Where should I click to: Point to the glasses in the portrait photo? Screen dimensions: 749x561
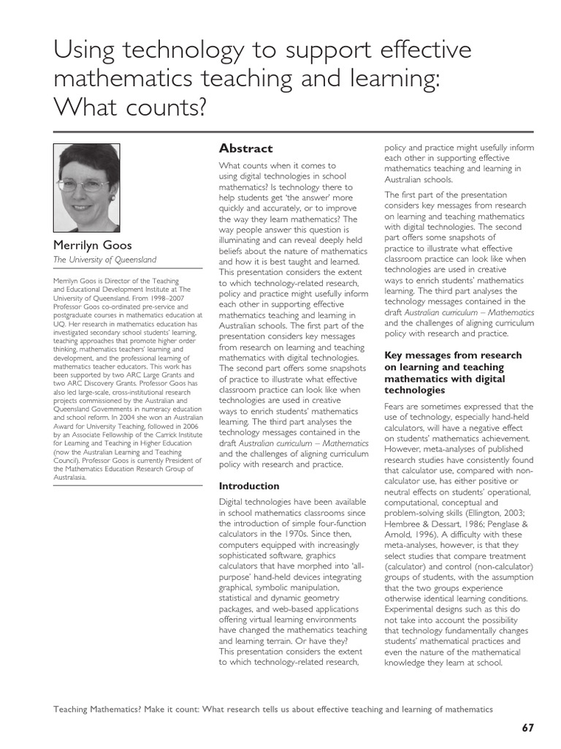click(x=85, y=185)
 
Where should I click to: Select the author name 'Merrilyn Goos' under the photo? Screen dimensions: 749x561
click(x=91, y=244)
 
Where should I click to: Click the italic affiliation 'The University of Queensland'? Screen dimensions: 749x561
click(x=105, y=260)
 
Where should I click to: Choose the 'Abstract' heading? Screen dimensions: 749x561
click(x=245, y=148)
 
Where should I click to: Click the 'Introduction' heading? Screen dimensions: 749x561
click(x=249, y=486)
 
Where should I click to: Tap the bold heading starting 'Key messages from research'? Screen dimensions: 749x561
click(x=453, y=355)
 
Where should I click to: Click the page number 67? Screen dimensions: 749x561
click(x=527, y=728)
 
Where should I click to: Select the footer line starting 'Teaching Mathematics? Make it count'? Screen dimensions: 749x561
click(x=274, y=709)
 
